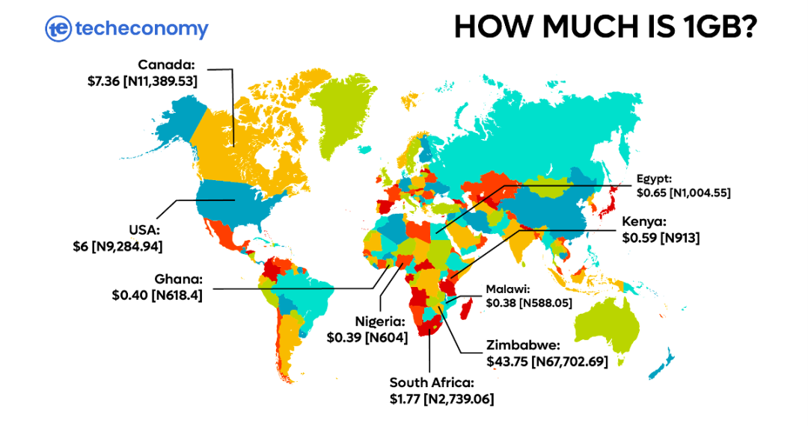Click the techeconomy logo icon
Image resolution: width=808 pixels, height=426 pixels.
tap(58, 29)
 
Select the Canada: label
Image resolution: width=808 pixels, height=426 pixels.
tap(166, 65)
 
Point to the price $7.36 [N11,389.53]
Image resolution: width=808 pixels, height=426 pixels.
tap(142, 81)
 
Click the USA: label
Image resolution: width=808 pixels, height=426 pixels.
tap(146, 229)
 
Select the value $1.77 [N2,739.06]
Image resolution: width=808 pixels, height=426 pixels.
tap(441, 400)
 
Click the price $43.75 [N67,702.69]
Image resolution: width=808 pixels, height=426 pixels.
tap(546, 362)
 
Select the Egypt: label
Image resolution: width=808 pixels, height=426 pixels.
tap(655, 179)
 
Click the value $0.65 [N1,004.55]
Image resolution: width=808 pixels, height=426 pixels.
tap(683, 193)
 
